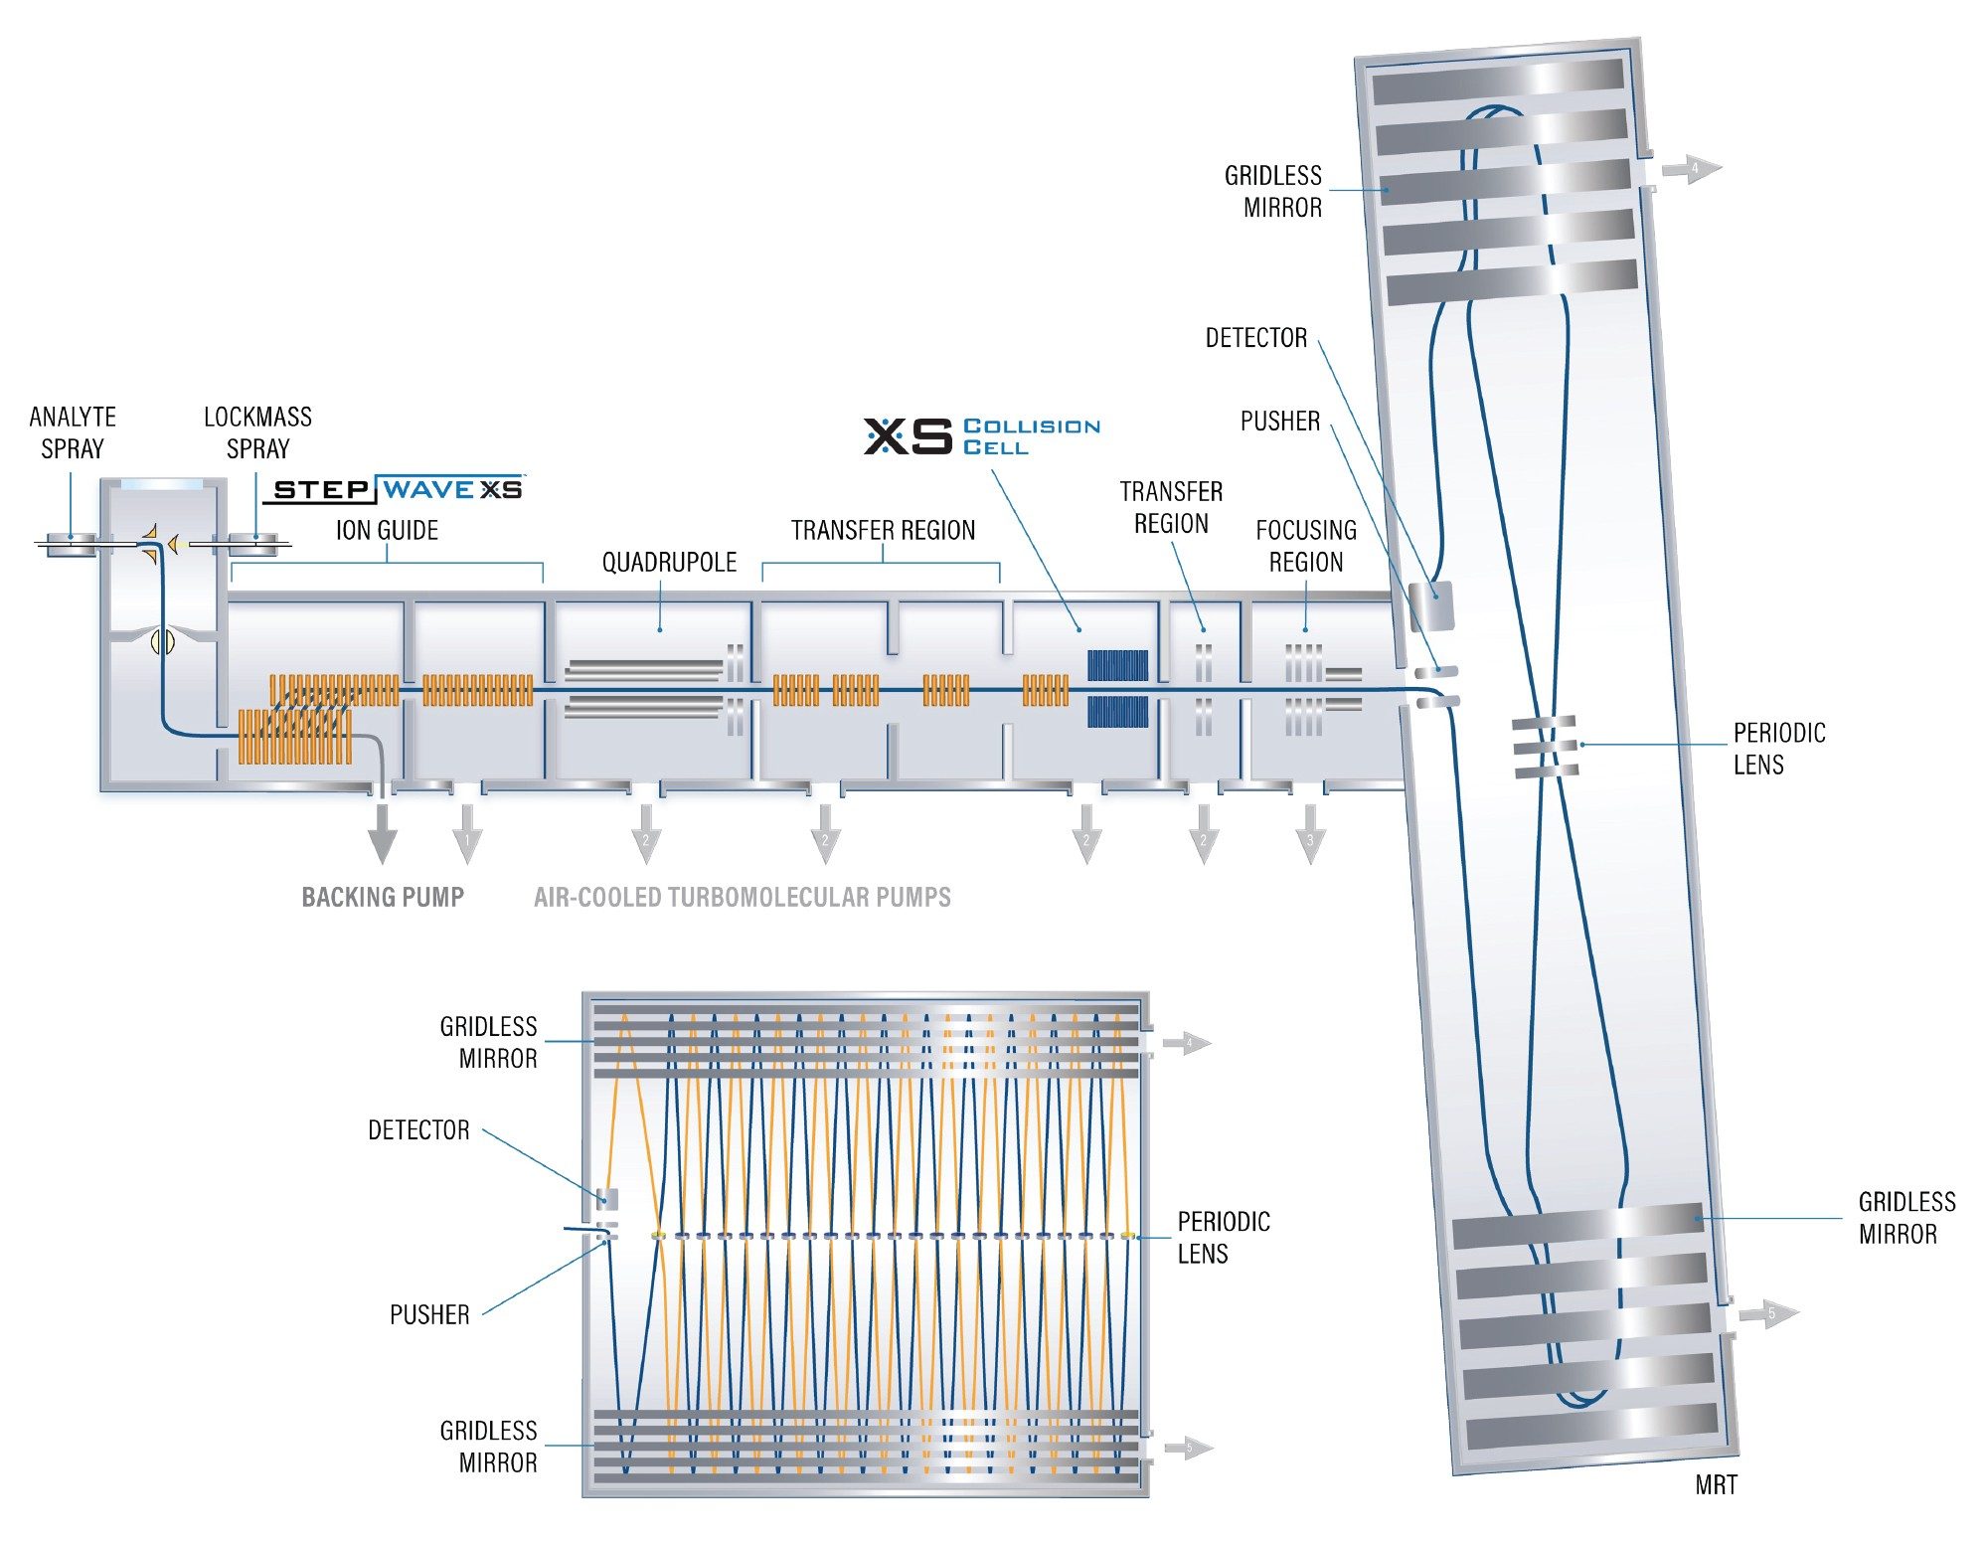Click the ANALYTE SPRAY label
click(73, 432)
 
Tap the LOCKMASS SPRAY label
click(257, 432)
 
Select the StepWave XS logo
click(396, 489)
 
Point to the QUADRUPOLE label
click(669, 563)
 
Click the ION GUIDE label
click(387, 530)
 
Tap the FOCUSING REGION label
click(1306, 546)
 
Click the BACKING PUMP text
click(383, 897)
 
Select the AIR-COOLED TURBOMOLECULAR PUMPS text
click(742, 897)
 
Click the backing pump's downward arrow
click(382, 835)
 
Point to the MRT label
click(1716, 1485)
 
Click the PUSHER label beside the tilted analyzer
click(1279, 422)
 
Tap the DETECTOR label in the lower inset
click(418, 1130)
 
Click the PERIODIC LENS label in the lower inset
click(1224, 1237)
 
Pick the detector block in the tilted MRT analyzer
click(1433, 604)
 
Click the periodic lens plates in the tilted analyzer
click(1545, 746)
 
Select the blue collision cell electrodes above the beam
click(1117, 665)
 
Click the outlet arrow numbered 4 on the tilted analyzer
click(1692, 169)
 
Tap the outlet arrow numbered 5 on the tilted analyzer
click(1769, 1313)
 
